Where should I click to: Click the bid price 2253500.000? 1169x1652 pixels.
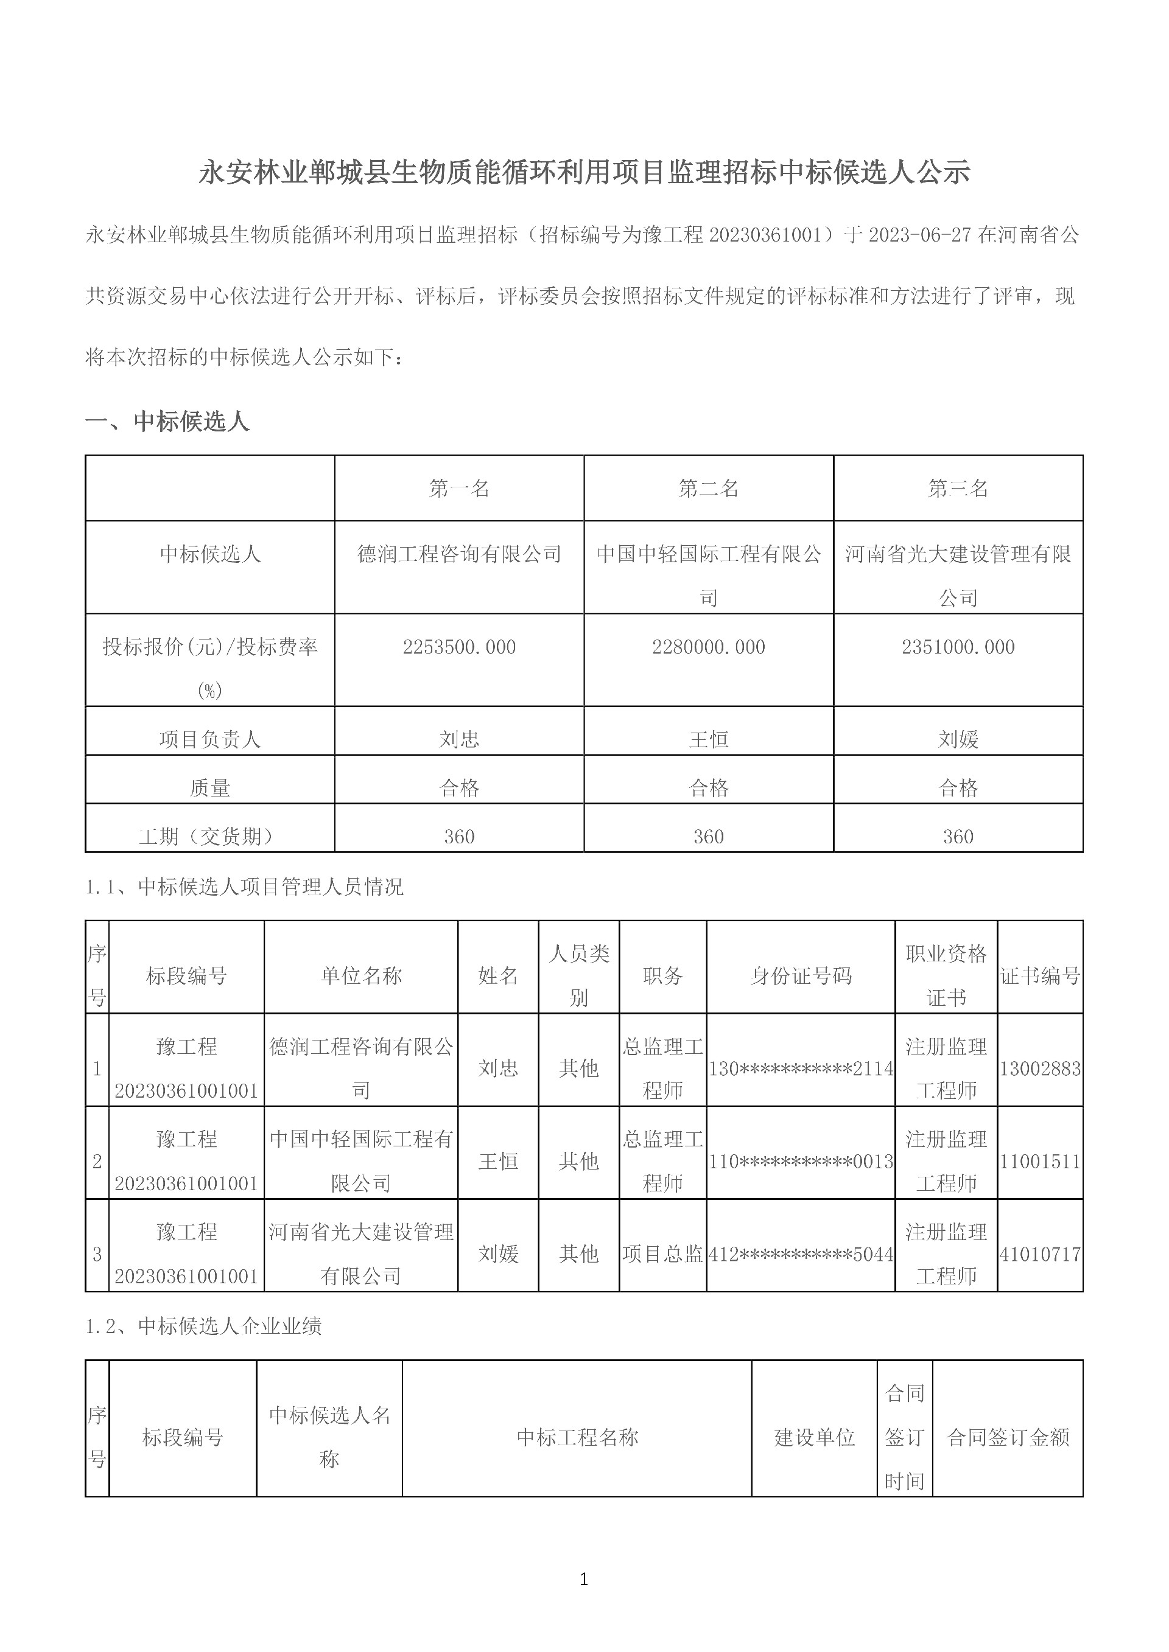click(459, 647)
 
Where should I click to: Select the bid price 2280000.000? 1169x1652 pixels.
click(708, 647)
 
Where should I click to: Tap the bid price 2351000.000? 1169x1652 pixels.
click(958, 647)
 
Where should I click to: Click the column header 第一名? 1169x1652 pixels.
click(459, 489)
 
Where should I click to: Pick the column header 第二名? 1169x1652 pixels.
click(708, 489)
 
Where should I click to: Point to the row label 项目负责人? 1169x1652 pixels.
click(209, 739)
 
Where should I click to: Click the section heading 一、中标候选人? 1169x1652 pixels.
click(167, 421)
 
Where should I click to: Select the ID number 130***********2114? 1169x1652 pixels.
click(801, 1068)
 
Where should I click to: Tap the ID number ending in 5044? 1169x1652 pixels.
click(801, 1254)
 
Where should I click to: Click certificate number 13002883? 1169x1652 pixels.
click(1039, 1068)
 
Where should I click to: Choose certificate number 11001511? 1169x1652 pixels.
click(1039, 1162)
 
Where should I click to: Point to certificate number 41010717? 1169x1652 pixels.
click(1039, 1254)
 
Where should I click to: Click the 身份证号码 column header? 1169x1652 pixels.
click(801, 975)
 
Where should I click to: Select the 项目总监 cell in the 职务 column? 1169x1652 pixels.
click(662, 1254)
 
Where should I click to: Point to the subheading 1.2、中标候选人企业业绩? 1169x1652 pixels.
click(204, 1325)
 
